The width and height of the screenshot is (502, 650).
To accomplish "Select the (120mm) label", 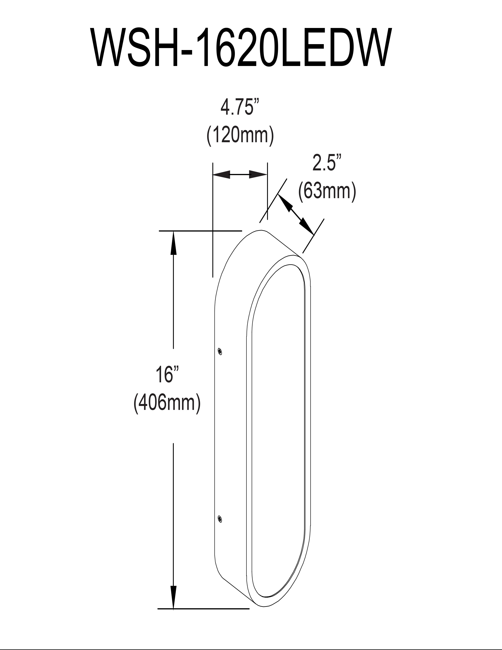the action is pyautogui.click(x=240, y=136).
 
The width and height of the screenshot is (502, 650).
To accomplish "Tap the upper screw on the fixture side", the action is pyautogui.click(x=220, y=351).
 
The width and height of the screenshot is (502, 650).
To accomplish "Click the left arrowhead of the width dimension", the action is pyautogui.click(x=221, y=175).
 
